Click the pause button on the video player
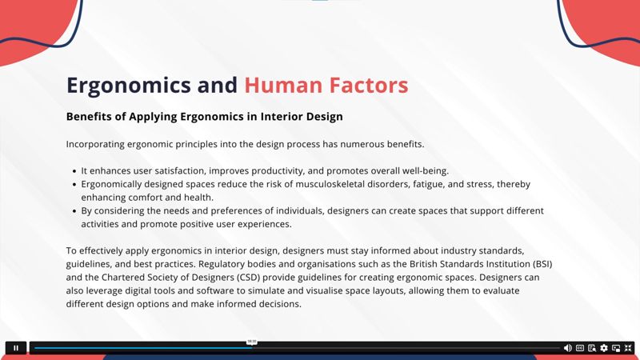(16, 348)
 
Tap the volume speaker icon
(568, 348)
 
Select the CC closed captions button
(580, 348)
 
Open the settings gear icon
(604, 348)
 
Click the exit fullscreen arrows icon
(628, 348)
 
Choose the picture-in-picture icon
(616, 348)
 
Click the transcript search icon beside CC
(592, 348)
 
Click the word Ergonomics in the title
(129, 86)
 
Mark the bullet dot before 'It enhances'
(74, 171)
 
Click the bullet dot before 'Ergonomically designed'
(74, 185)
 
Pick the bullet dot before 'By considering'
(74, 211)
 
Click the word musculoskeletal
(330, 184)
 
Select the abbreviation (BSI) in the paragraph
(542, 264)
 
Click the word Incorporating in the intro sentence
(95, 145)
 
